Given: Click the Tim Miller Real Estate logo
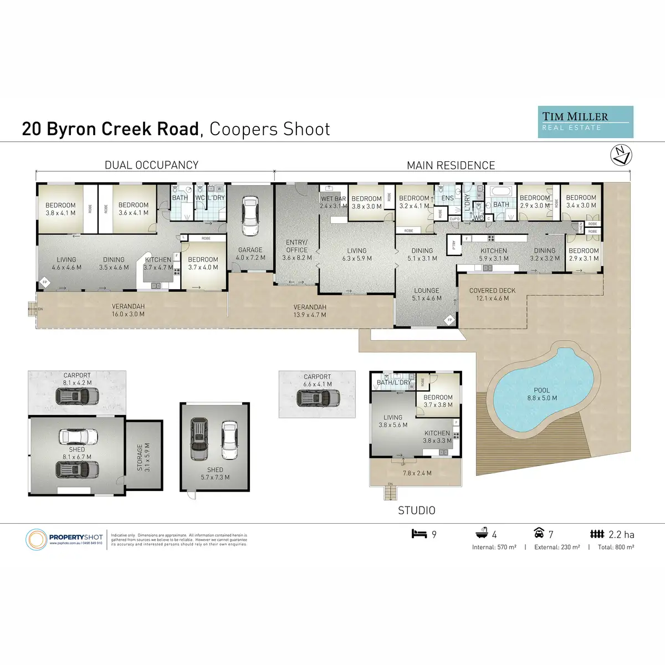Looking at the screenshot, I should click(x=586, y=122).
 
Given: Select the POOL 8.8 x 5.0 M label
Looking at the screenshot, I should click(x=541, y=394).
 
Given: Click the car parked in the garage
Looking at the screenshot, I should click(x=250, y=216).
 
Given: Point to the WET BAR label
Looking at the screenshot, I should click(x=333, y=199).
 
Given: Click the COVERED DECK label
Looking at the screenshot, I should click(x=492, y=294).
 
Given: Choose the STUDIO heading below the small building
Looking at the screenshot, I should click(x=417, y=510).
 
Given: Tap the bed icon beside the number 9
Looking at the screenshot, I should click(x=420, y=534).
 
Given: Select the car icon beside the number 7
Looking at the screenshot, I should click(x=539, y=534).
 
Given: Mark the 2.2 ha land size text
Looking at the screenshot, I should click(x=621, y=535).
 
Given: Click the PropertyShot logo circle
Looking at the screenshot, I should click(x=37, y=539).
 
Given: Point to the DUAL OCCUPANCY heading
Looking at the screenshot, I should click(x=151, y=165).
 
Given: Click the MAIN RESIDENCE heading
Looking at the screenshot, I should click(x=451, y=166).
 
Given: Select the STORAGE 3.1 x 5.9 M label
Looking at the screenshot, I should click(x=144, y=457).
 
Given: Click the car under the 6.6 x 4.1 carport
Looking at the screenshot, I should click(x=318, y=398).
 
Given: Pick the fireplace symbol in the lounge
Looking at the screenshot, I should click(x=449, y=320).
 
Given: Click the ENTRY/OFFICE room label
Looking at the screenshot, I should click(x=296, y=250).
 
